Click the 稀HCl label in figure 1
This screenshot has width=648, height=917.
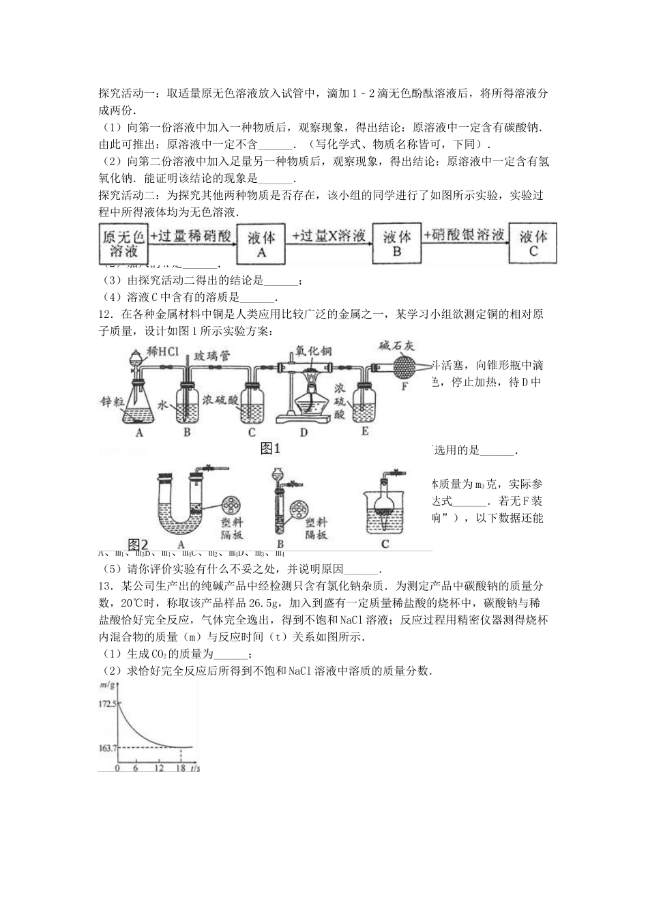tap(163, 353)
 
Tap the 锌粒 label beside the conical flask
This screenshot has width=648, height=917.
tap(109, 403)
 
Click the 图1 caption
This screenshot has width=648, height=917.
tap(271, 448)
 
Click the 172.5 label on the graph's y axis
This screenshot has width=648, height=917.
tap(107, 702)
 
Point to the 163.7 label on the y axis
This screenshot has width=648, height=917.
tap(107, 748)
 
